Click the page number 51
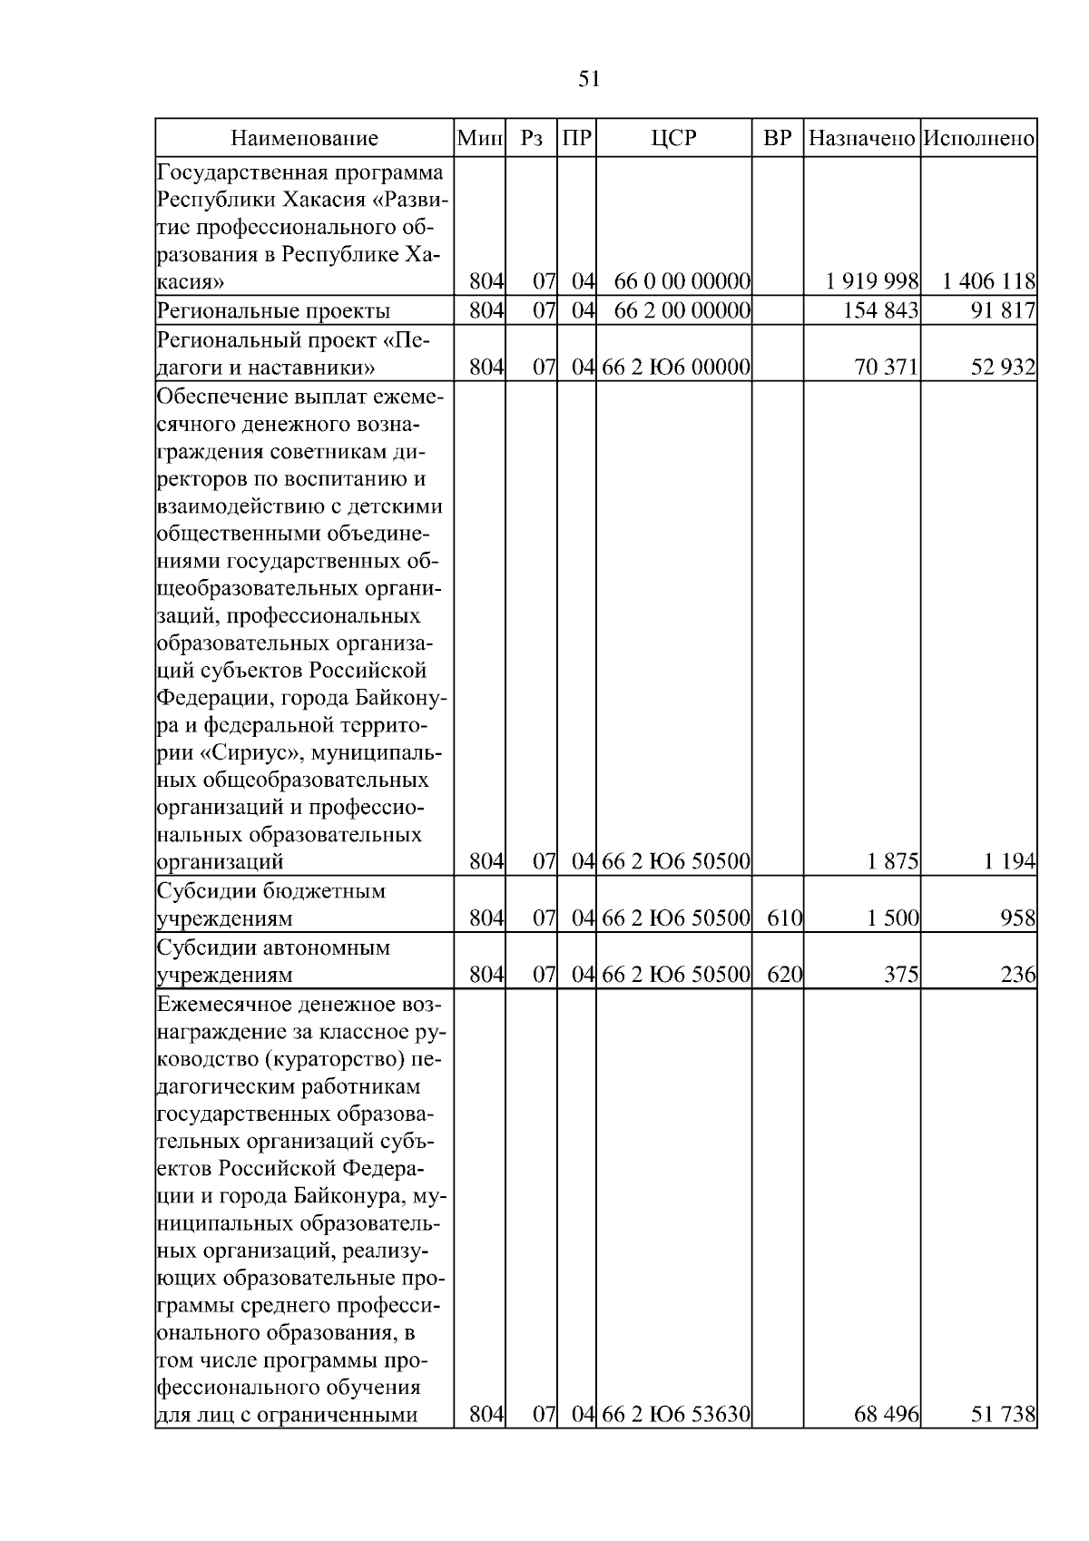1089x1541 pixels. point(589,80)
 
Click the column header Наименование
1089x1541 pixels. point(304,139)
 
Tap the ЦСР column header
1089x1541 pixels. point(673,139)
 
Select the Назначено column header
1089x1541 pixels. point(861,139)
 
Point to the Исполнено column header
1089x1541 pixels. point(978,139)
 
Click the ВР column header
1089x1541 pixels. point(778,139)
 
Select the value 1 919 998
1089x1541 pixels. point(872,282)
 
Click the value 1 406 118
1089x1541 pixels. point(988,282)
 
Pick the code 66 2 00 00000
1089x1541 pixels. point(682,311)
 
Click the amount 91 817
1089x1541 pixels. point(1003,311)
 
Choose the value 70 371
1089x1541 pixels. point(887,368)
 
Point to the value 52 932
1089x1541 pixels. point(1003,368)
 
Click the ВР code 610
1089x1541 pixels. point(784,918)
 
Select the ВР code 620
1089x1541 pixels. point(784,976)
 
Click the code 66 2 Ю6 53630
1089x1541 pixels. point(675,1439)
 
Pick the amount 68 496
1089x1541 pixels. point(887,1439)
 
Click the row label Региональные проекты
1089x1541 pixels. point(273,311)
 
